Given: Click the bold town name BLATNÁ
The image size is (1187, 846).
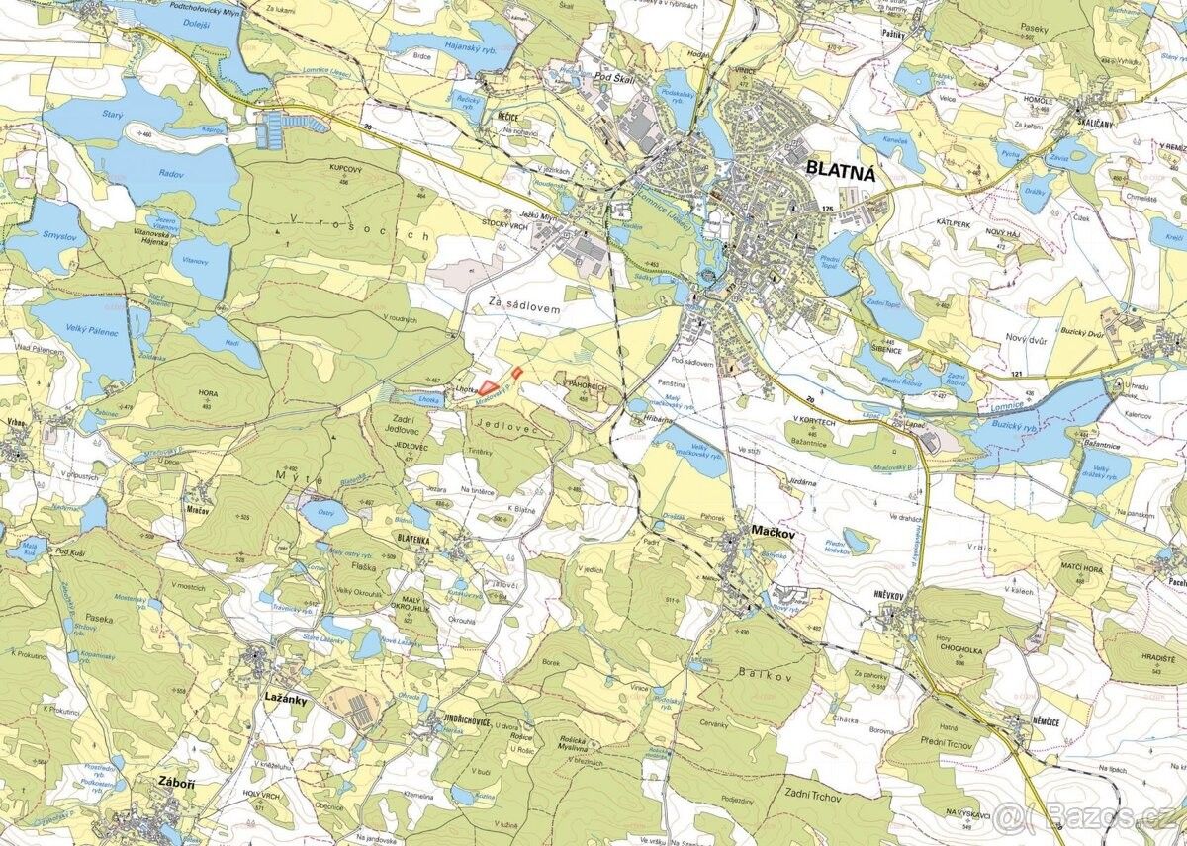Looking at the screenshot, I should (843, 170).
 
